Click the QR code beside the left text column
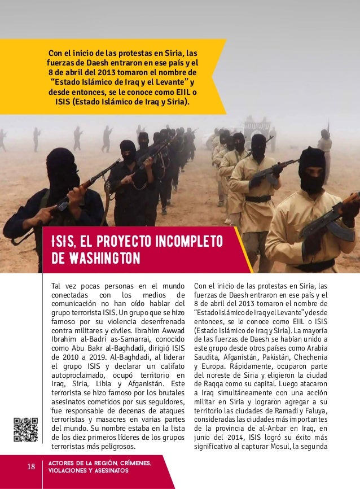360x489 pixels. (x=26, y=430)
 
